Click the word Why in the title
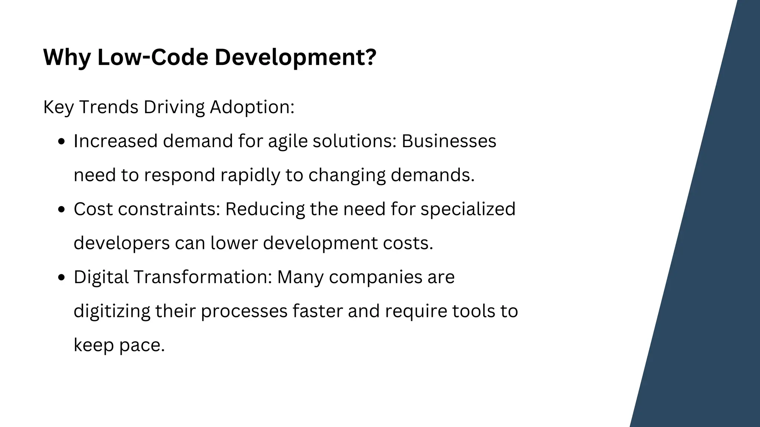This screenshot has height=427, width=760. point(66,58)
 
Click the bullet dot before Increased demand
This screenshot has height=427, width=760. point(62,142)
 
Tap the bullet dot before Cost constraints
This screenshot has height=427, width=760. point(62,210)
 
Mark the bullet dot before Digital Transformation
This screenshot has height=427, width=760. point(62,278)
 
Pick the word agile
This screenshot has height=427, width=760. point(288,142)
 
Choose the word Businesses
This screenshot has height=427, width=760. point(449,141)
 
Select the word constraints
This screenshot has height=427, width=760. point(169,209)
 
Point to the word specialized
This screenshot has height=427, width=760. point(468,209)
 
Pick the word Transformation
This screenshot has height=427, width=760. point(202,277)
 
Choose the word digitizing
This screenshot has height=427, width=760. point(112,311)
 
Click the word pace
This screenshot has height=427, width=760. point(142,345)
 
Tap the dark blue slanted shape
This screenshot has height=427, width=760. point(705,259)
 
